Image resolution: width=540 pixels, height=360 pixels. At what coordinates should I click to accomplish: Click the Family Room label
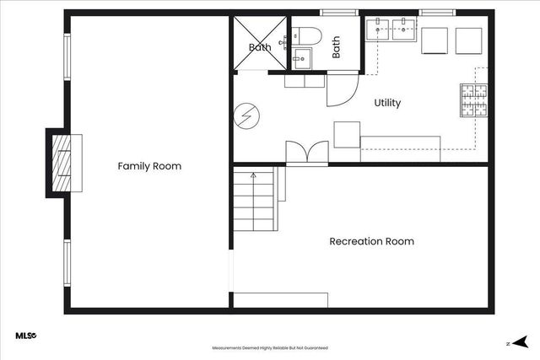pos(149,166)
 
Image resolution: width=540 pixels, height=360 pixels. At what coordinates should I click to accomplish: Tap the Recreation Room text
pos(371,241)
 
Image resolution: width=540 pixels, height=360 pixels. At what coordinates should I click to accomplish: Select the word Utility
pos(387,103)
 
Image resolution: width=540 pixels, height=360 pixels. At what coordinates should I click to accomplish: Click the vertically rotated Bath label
pos(336,46)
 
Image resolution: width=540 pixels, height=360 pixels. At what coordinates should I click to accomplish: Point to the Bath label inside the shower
pos(260,47)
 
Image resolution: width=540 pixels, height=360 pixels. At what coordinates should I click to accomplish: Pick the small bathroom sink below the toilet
pos(302,58)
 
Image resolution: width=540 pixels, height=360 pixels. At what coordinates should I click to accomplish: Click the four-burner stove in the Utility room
pos(473,100)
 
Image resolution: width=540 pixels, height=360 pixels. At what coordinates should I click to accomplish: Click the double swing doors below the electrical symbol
pos(306,153)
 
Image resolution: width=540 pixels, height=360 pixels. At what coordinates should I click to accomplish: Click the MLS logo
pos(25,336)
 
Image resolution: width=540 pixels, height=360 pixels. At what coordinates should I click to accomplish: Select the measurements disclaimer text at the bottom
pos(269,347)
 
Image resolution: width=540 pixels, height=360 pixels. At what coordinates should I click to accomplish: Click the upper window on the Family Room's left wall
pos(67,56)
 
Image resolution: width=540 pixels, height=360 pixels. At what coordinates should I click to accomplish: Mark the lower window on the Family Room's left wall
pos(67,263)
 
